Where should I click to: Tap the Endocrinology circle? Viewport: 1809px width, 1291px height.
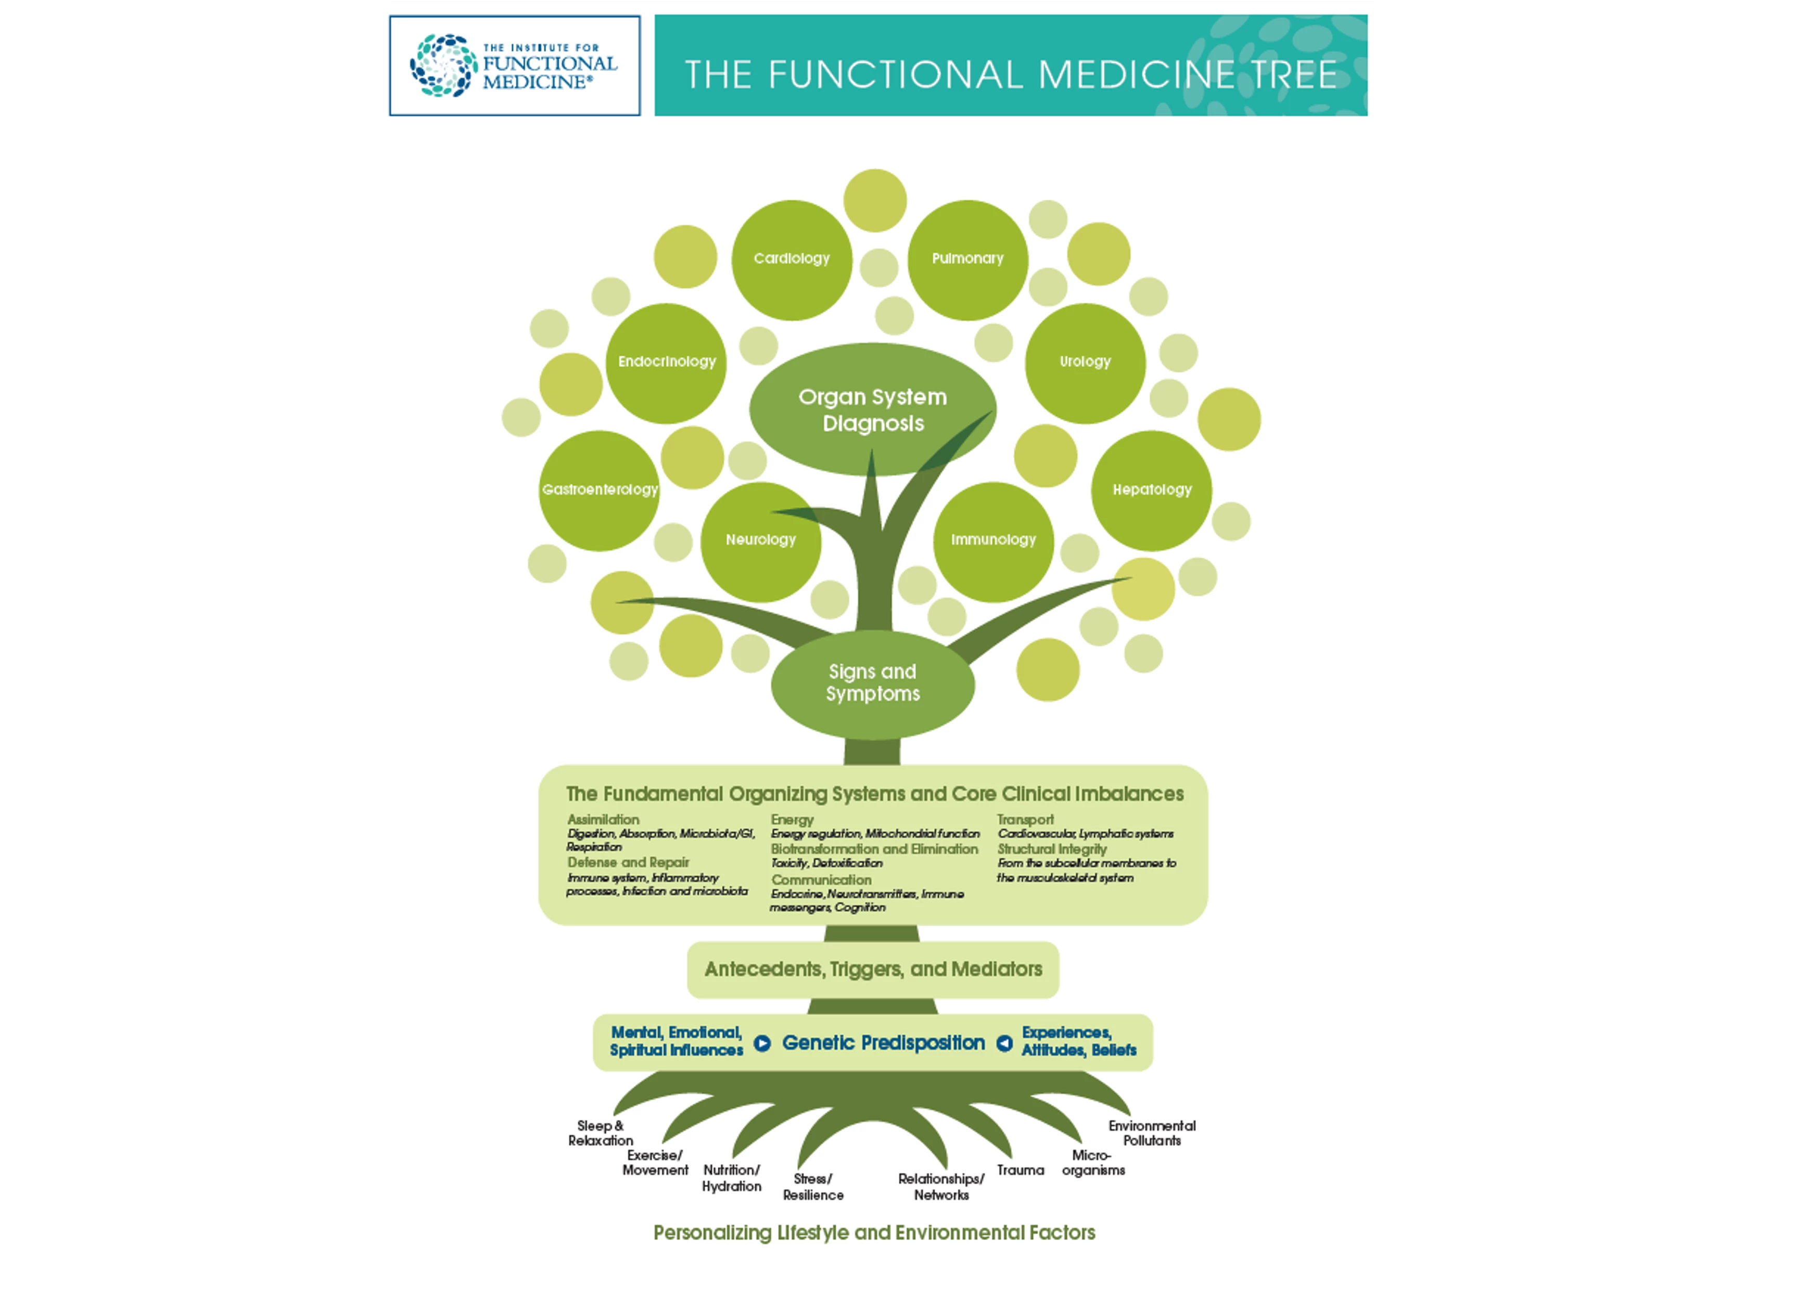pos(666,363)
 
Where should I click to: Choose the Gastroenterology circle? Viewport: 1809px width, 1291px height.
pos(600,490)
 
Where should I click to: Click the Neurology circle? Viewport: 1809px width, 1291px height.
pos(760,540)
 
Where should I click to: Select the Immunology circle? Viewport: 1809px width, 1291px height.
pos(993,540)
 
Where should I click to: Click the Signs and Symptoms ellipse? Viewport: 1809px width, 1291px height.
pos(872,683)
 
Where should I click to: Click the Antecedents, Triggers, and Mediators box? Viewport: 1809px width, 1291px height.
pos(872,969)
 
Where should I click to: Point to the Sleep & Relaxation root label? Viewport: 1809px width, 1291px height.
pos(601,1133)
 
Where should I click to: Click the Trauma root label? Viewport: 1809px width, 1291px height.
pos(1020,1170)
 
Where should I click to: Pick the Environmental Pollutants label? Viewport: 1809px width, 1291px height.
pos(1151,1133)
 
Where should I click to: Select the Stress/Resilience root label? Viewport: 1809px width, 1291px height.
pos(813,1187)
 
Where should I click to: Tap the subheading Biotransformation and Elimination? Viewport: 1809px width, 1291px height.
pos(874,849)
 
